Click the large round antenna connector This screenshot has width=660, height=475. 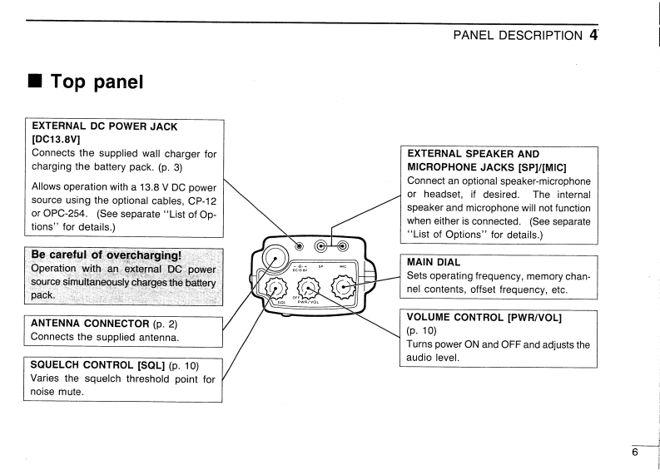[275, 253]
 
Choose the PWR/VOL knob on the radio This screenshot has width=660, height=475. [309, 289]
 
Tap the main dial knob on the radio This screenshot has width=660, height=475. [345, 288]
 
